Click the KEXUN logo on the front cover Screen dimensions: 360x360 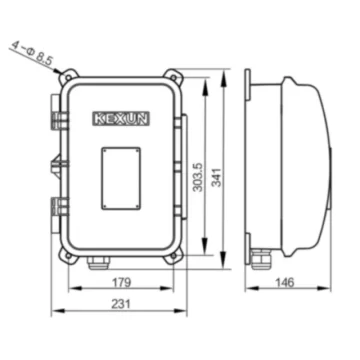click(x=121, y=119)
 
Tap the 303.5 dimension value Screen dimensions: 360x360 click(x=198, y=177)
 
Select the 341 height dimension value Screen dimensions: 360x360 click(x=217, y=177)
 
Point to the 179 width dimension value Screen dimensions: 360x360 click(x=121, y=282)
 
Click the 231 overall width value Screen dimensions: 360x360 click(x=121, y=304)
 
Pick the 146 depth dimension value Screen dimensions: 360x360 click(x=285, y=282)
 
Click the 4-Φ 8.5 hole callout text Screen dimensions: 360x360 click(x=32, y=53)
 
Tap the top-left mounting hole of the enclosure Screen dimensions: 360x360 click(x=68, y=78)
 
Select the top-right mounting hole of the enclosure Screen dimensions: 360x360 click(x=174, y=78)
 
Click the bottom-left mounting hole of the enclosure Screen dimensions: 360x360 click(x=68, y=256)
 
